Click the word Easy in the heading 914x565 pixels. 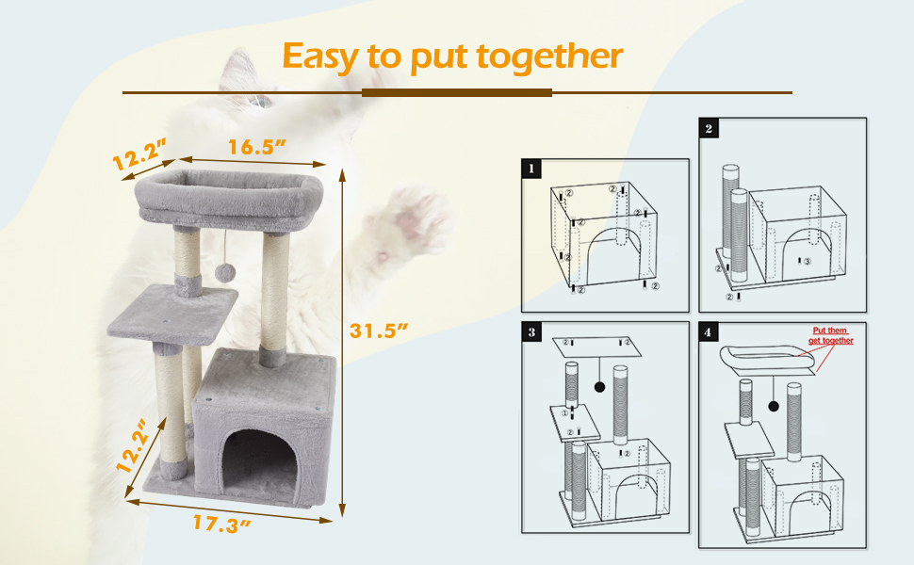coord(320,57)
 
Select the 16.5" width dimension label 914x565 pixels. coord(256,147)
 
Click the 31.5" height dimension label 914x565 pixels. coord(378,331)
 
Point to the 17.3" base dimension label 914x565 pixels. coord(221,524)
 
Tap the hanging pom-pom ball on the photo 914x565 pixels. coord(223,272)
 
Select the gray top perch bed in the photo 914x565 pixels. coord(229,199)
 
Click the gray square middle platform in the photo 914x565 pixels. coord(172,314)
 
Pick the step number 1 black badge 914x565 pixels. coord(531,169)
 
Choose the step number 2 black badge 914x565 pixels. coord(709,128)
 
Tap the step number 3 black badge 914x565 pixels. coord(531,332)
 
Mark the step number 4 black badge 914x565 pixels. coord(709,332)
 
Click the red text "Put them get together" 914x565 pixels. coord(831,335)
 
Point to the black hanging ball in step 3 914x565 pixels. coord(599,387)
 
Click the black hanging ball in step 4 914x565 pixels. coord(774,406)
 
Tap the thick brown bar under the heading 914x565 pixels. coord(456,92)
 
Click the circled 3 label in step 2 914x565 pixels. coord(808,262)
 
